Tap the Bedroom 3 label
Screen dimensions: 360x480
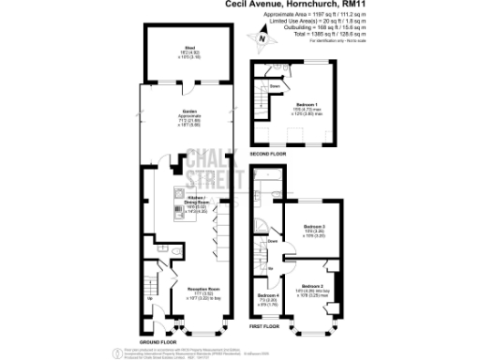314,227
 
